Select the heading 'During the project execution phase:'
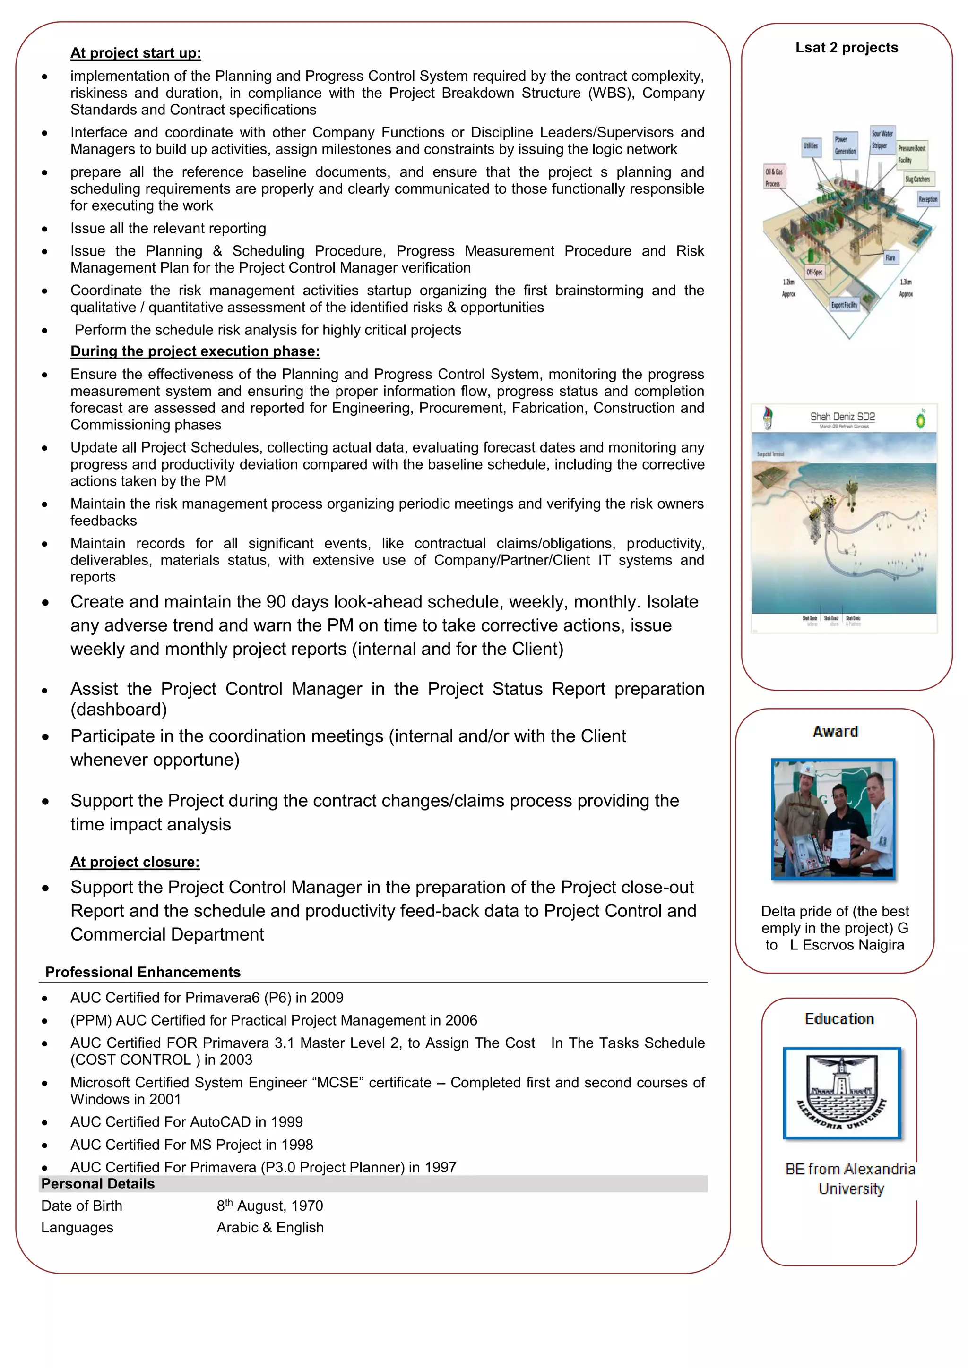(x=195, y=351)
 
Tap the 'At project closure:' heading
(x=135, y=862)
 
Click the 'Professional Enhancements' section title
(x=143, y=972)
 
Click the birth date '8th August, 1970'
(x=269, y=1206)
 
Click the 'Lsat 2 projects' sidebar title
(x=847, y=48)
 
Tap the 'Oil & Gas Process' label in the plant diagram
(x=774, y=177)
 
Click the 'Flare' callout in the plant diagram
(x=890, y=257)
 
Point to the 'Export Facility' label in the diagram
(x=844, y=305)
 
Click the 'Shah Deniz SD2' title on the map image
(x=842, y=417)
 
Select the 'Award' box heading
(x=835, y=731)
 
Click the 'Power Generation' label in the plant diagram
(x=845, y=145)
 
